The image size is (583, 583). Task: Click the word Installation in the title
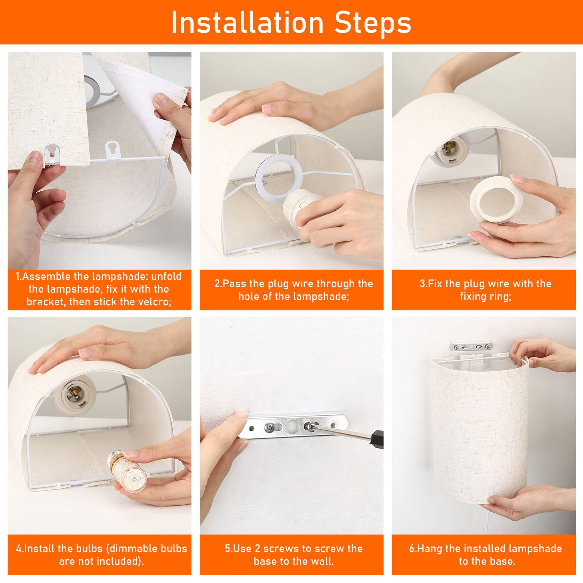tap(247, 23)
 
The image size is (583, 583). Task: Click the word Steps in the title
tap(373, 23)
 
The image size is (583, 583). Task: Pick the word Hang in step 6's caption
tap(430, 549)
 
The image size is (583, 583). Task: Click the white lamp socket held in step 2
tap(301, 210)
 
